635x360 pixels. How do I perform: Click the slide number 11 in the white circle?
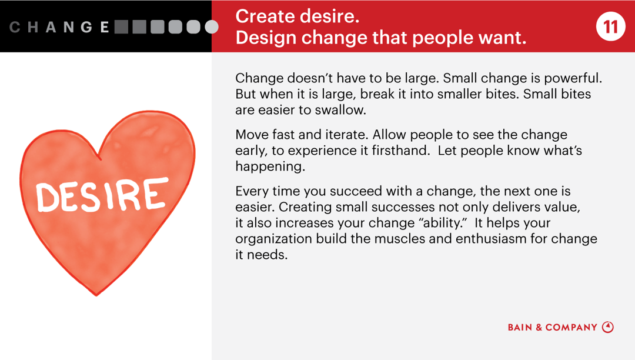coord(611,27)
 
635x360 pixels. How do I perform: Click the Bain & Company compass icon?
coord(608,327)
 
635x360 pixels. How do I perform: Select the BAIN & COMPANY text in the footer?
coord(552,328)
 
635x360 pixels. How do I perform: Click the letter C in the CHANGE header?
coord(15,27)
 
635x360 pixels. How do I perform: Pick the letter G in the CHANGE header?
coord(86,27)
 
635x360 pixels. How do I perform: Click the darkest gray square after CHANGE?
coord(121,27)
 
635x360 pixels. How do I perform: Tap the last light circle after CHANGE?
coord(211,27)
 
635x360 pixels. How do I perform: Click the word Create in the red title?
coord(263,16)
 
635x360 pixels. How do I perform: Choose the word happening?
coord(269,166)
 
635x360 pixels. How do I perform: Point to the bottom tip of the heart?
coord(96,294)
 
